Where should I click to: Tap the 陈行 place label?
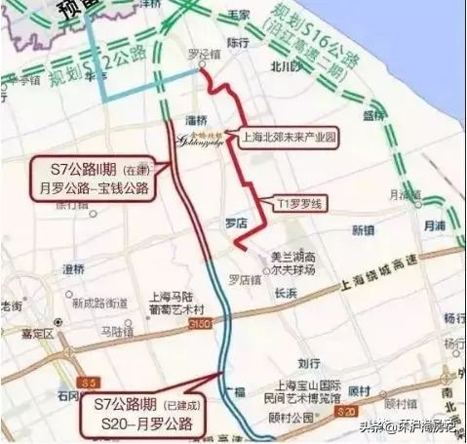coord(238,44)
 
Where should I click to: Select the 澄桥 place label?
coord(72,268)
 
